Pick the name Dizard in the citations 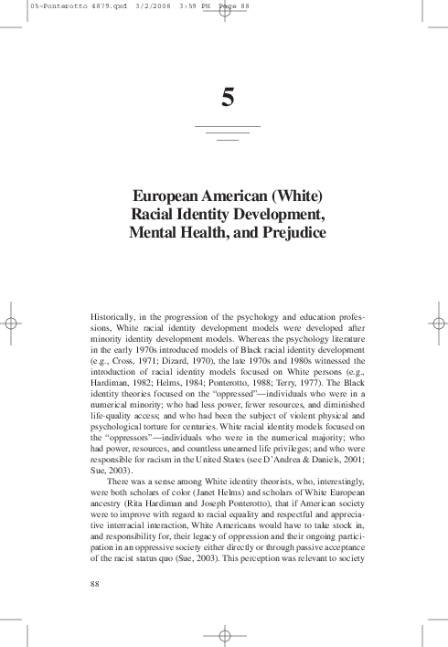tap(172, 351)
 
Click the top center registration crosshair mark tap(224, 17)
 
